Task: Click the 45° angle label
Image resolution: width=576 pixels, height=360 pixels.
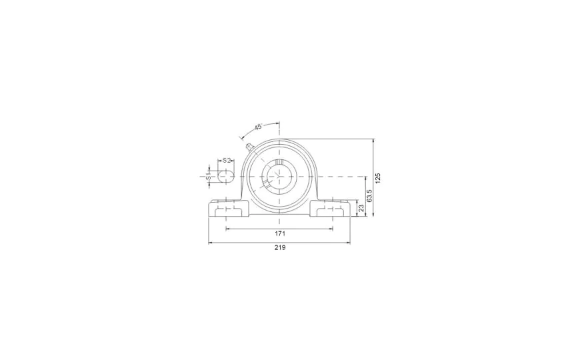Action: coord(258,127)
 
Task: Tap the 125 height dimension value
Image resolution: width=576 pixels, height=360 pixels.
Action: coord(379,178)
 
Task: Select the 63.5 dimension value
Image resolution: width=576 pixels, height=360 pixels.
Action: coord(370,196)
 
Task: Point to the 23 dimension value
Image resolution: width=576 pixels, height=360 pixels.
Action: coord(361,208)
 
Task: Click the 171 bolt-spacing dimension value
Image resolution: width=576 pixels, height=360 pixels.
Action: coord(280,233)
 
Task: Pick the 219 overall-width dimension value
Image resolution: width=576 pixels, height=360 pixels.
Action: coord(280,247)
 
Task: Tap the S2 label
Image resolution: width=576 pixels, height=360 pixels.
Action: coord(227,160)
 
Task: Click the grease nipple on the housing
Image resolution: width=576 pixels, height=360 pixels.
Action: coord(249,147)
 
